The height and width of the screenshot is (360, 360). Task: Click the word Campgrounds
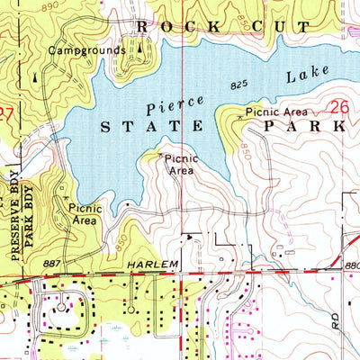pyautogui.click(x=87, y=50)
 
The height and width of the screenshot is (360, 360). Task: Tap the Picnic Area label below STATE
pyautogui.click(x=182, y=164)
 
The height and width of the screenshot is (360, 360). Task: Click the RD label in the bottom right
pyautogui.click(x=336, y=321)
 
